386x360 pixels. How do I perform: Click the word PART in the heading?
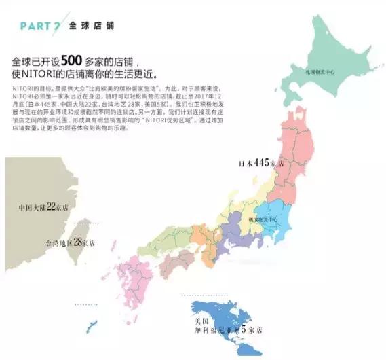tap(34, 26)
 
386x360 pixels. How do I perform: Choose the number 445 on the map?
tap(269, 164)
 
